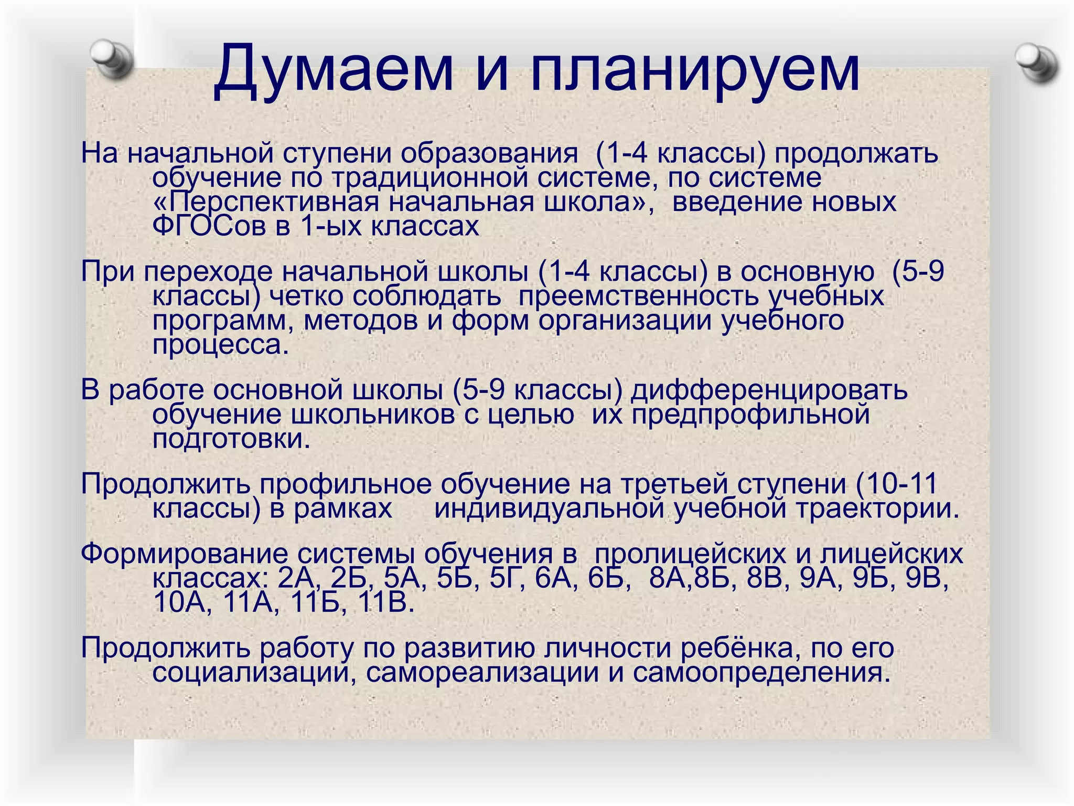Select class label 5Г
(x=507, y=578)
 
